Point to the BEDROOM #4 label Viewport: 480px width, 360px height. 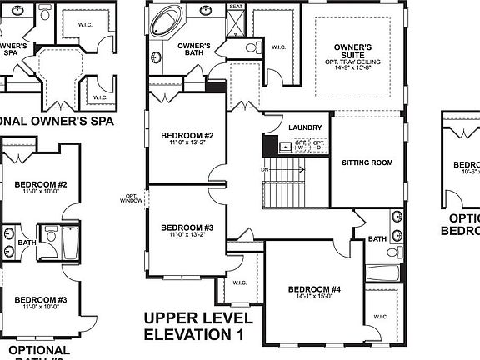(x=314, y=290)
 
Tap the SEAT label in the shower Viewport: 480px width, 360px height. (x=236, y=7)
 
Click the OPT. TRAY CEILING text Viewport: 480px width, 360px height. (x=352, y=62)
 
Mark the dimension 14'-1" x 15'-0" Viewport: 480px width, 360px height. (x=314, y=298)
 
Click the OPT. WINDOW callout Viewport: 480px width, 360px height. (x=132, y=198)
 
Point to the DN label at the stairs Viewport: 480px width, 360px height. (x=266, y=169)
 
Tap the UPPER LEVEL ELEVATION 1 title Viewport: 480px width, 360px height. (x=196, y=327)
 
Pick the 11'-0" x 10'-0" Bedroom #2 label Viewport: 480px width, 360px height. (x=40, y=187)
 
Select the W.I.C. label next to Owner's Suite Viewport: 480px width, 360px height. (x=277, y=47)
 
